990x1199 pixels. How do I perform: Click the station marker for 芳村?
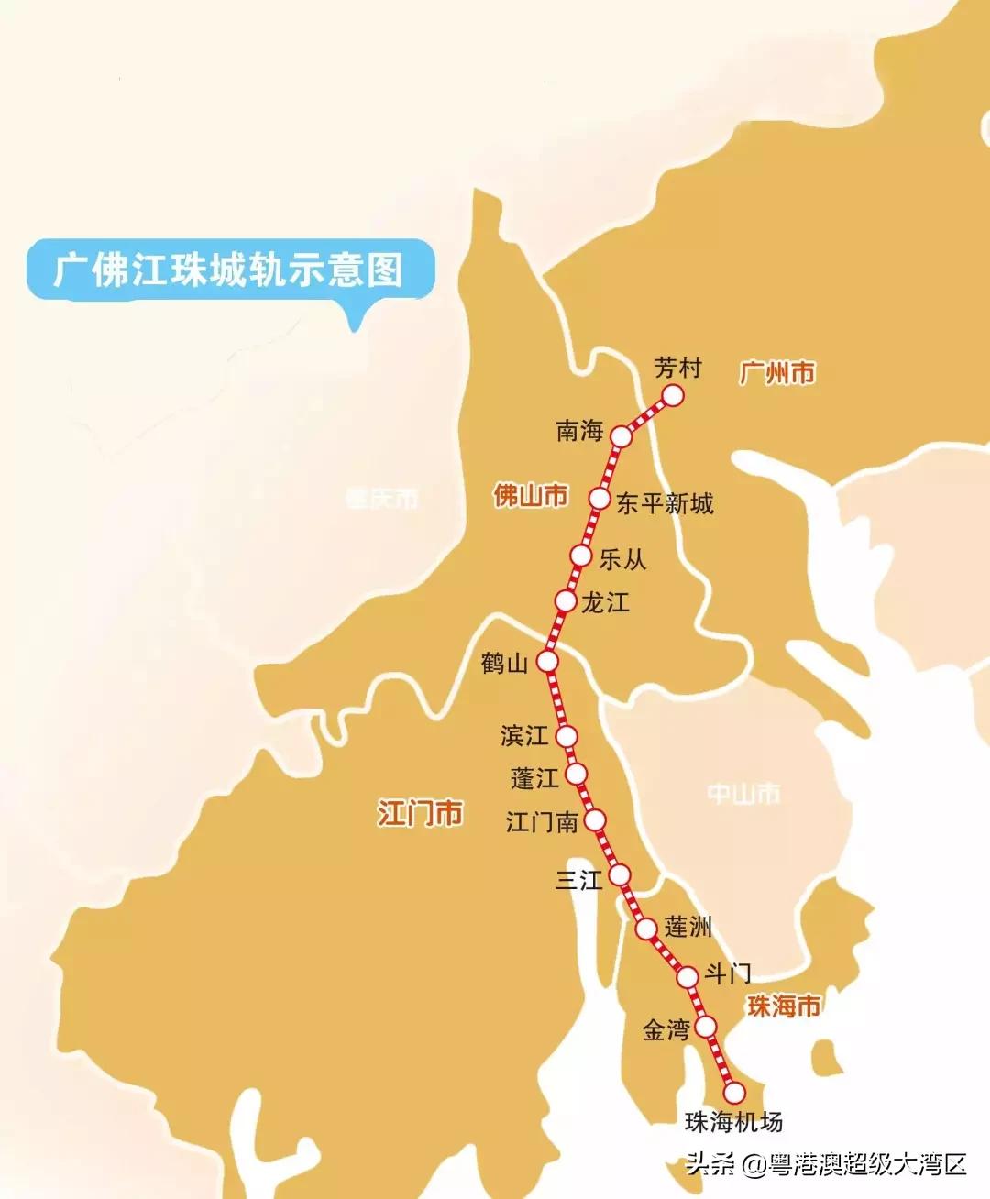click(x=673, y=395)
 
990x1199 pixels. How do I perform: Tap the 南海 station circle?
click(x=622, y=436)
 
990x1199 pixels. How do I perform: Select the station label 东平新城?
click(x=664, y=503)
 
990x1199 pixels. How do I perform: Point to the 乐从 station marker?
click(x=580, y=555)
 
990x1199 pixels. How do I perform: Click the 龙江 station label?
click(x=605, y=602)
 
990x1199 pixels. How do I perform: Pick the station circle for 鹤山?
click(x=547, y=661)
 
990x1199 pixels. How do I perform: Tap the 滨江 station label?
click(x=524, y=735)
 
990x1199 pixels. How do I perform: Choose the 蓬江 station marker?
click(x=576, y=775)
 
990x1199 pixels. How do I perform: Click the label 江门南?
click(x=542, y=821)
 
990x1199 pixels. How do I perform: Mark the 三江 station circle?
click(x=621, y=873)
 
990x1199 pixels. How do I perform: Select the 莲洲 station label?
click(x=687, y=927)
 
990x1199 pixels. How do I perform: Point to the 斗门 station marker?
click(x=687, y=977)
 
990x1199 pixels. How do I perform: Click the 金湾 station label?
click(x=665, y=1029)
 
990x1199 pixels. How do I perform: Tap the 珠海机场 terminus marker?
click(x=734, y=1093)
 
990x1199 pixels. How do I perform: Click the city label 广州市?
click(x=777, y=373)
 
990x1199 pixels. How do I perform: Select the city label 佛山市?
click(x=531, y=496)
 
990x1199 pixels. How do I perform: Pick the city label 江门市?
click(x=420, y=813)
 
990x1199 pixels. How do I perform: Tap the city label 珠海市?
click(x=783, y=1006)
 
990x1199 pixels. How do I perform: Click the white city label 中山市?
click(x=743, y=793)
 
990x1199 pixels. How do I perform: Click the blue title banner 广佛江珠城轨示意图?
click(x=229, y=269)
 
